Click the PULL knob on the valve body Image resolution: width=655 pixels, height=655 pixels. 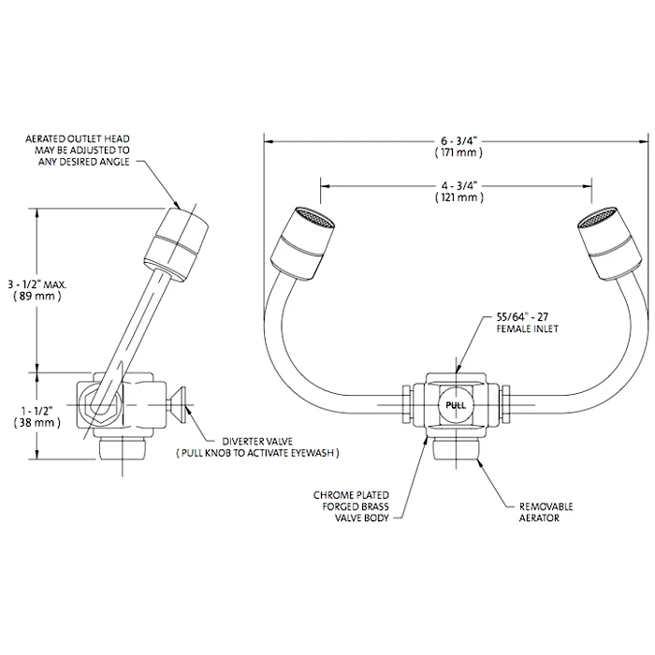point(456,405)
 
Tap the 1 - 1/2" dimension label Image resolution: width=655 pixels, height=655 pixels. point(36,409)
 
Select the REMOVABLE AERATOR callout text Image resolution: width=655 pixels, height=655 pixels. point(546,511)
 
